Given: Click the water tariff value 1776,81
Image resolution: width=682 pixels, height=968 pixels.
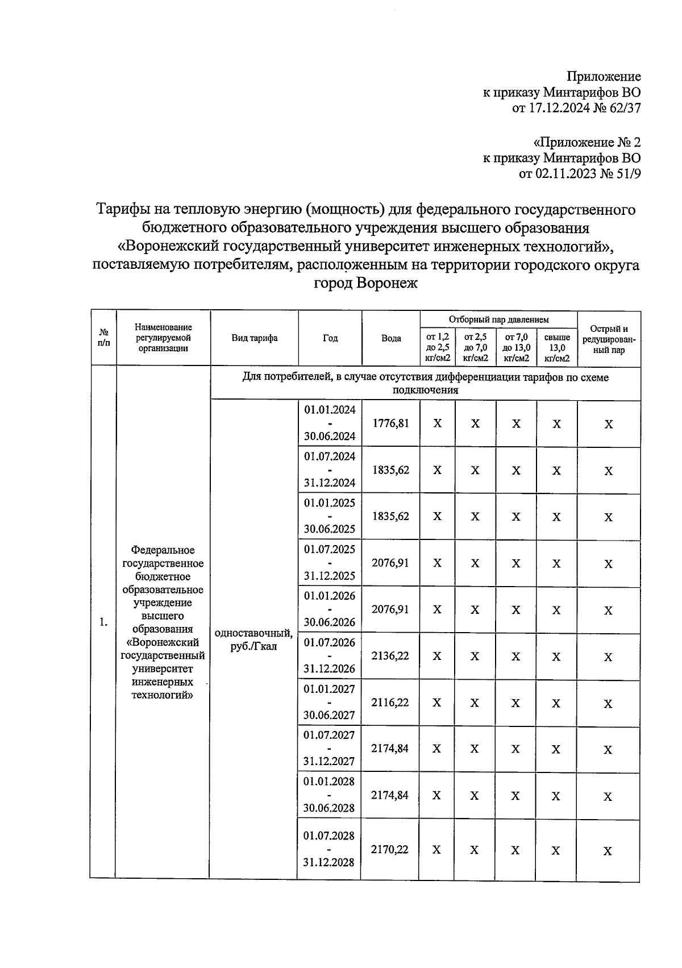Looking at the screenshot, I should (x=390, y=423).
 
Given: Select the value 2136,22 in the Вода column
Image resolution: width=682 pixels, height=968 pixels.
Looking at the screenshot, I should (x=390, y=655).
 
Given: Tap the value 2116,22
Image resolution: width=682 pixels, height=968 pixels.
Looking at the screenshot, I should (x=390, y=702).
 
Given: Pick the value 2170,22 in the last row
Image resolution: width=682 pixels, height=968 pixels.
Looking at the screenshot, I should (x=390, y=849).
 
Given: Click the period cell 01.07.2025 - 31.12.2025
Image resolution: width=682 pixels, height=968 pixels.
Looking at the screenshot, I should (x=330, y=562).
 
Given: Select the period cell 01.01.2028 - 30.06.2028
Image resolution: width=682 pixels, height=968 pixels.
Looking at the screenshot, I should (x=329, y=794).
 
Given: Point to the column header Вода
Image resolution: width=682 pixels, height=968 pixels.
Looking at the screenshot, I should (x=391, y=338).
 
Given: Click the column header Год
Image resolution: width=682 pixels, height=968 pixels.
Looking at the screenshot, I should (x=330, y=338).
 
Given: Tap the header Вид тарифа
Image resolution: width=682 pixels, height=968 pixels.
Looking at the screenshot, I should (x=255, y=338).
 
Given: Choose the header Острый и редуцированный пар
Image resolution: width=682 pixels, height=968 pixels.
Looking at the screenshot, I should (x=609, y=339).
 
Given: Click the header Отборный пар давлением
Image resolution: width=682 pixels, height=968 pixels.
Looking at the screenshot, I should (x=499, y=319).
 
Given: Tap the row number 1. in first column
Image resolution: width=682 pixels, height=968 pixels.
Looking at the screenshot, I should (x=103, y=622).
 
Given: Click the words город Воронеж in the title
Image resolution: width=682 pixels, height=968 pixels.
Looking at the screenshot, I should (x=366, y=283).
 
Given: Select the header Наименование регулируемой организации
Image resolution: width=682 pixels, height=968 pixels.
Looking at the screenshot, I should (x=163, y=338).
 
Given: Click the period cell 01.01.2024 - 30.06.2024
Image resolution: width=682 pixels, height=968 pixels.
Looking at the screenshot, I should (x=330, y=423).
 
